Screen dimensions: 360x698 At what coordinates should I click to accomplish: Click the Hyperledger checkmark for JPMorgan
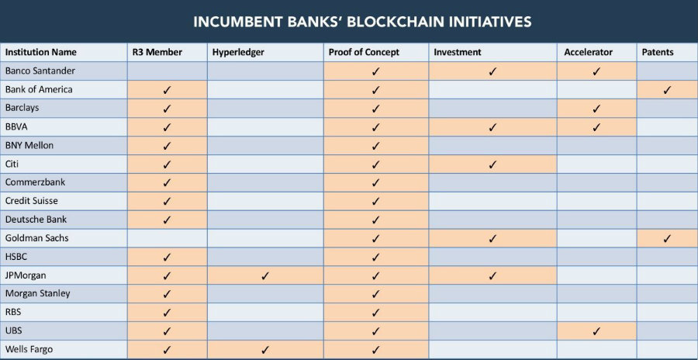[x=265, y=275]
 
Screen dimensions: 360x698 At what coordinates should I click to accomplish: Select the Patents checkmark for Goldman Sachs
[x=667, y=238]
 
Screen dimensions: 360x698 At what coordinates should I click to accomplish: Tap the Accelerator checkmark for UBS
[x=596, y=331]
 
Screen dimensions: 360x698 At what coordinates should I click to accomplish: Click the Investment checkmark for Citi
[x=492, y=164]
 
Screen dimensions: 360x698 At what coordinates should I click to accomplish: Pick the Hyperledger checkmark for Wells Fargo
[x=265, y=350]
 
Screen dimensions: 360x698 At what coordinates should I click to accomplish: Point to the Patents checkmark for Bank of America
[x=667, y=89]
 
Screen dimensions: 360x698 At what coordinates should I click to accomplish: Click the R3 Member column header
[x=158, y=52]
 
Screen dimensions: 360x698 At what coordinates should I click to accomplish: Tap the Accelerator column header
[x=589, y=52]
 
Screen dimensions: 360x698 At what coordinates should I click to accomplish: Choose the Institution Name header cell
[x=40, y=52]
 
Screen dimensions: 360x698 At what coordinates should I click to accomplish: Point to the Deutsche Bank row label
[x=36, y=220]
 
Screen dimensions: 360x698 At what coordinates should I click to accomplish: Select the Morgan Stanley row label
[x=37, y=293]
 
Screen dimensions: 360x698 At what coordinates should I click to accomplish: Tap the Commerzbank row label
[x=34, y=182]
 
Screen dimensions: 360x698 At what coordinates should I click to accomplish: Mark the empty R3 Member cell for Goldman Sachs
[x=167, y=238]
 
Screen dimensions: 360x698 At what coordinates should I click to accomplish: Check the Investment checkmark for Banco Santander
[x=492, y=71]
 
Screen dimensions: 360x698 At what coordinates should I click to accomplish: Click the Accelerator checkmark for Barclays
[x=596, y=108]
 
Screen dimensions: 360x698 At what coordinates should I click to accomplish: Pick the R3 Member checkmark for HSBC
[x=167, y=257]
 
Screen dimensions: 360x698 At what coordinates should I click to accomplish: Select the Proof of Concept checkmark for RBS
[x=376, y=313]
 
